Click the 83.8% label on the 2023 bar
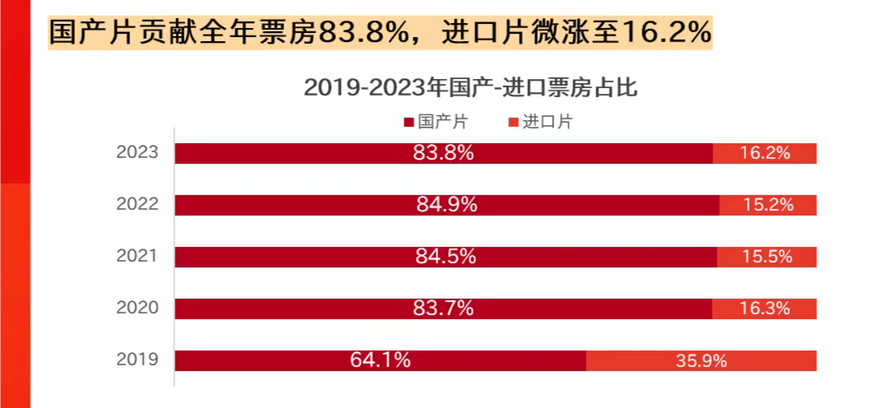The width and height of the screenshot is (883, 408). [x=443, y=153]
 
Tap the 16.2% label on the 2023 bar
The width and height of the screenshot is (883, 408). [x=765, y=153]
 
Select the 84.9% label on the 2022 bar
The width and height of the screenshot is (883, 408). [x=446, y=205]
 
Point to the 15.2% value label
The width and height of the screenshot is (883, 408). [x=769, y=205]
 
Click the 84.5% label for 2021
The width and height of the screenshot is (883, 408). [x=446, y=257]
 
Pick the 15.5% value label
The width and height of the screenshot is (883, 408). [x=767, y=257]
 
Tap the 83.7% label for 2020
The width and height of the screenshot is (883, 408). [x=443, y=308]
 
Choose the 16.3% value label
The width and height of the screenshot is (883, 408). [x=765, y=308]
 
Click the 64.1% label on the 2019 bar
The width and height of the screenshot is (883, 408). [x=380, y=360]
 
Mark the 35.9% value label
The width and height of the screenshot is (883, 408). [x=701, y=360]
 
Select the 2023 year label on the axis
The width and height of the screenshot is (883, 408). [x=137, y=153]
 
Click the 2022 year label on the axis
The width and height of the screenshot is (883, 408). [x=137, y=205]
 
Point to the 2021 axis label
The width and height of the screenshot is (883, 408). [x=137, y=257]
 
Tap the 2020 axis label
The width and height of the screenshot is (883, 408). [x=137, y=308]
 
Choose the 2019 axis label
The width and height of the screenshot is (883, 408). [x=137, y=359]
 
